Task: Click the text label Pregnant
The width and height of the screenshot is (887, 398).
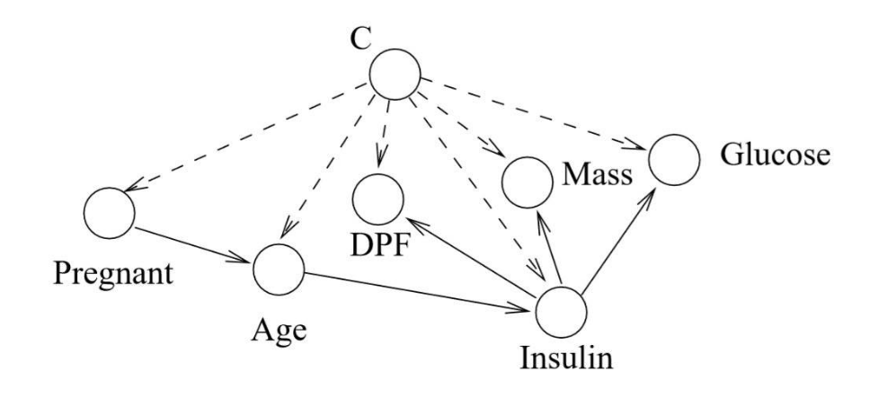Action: (x=113, y=275)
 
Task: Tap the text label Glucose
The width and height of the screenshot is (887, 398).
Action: (x=775, y=155)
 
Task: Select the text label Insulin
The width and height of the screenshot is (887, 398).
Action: (x=566, y=358)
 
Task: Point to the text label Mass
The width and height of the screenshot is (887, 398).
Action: (x=597, y=174)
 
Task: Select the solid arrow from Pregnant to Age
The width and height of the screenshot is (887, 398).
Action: (x=193, y=244)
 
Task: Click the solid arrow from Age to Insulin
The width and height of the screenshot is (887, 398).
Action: (x=420, y=292)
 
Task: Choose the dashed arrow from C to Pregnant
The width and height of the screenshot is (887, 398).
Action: (x=245, y=137)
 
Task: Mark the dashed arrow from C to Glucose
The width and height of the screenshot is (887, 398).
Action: (x=535, y=114)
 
